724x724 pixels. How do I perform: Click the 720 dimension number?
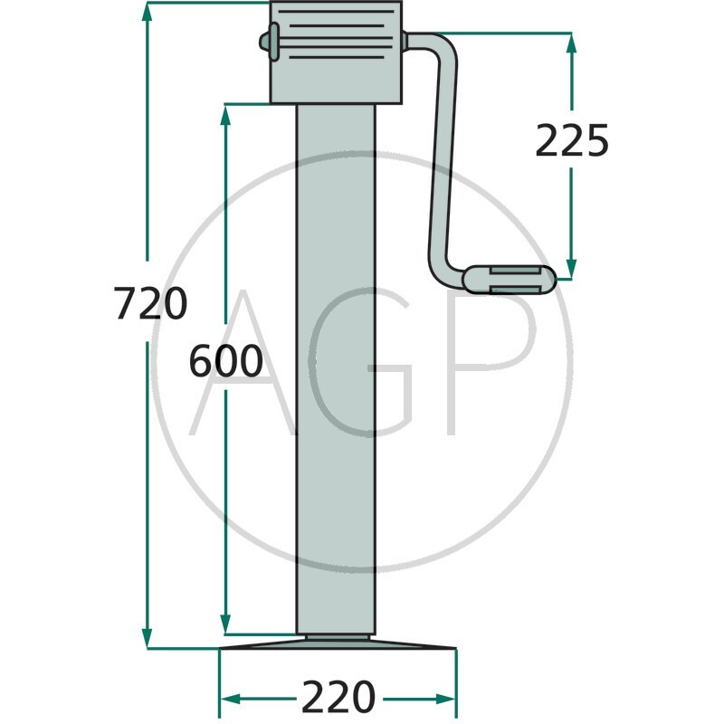point(150,303)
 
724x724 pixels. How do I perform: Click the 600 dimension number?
point(225,360)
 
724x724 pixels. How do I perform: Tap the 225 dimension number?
point(572,140)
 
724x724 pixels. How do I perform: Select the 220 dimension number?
point(338,697)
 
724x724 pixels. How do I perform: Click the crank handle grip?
point(510,280)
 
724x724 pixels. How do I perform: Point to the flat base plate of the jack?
point(338,643)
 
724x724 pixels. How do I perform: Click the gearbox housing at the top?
point(336,52)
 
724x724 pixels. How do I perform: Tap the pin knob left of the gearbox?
point(269,42)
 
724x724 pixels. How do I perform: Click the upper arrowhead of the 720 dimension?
point(147,12)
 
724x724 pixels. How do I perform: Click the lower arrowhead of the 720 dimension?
point(147,639)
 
